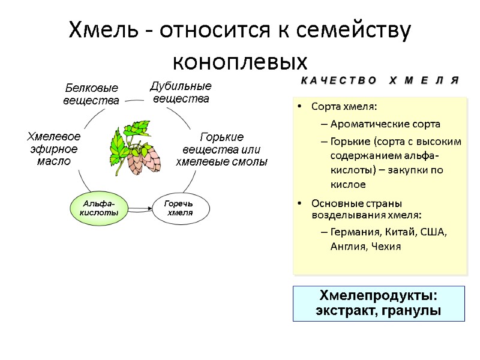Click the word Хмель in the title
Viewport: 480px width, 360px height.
coord(104,29)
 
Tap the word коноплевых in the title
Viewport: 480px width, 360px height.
coord(239,61)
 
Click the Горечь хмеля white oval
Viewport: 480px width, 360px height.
coord(180,208)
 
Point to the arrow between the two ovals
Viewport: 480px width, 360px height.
coord(141,209)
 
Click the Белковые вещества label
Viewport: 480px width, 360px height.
coord(91,95)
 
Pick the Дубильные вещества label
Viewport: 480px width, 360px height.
coord(181,92)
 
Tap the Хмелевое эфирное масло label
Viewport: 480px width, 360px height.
coord(54,149)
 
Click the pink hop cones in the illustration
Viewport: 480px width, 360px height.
coord(145,157)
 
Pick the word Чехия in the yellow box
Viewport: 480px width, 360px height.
coord(386,246)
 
